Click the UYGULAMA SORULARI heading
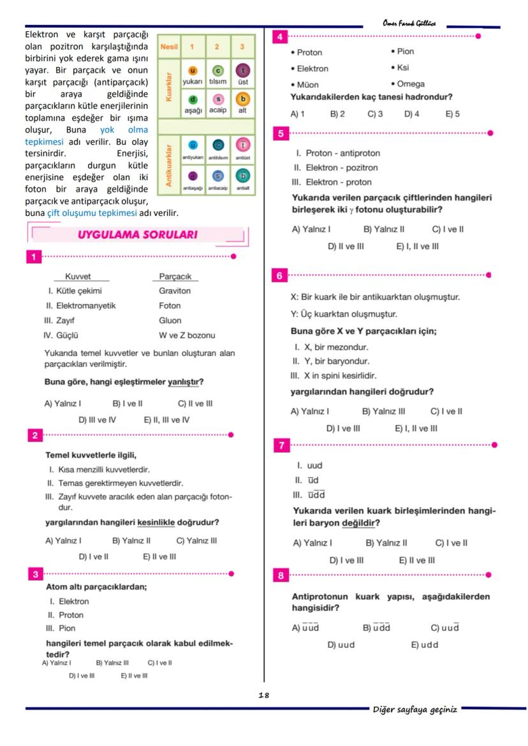click(137, 235)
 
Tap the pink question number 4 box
click(279, 36)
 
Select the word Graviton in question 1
click(175, 291)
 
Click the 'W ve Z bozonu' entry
click(187, 335)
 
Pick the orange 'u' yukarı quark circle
click(193, 70)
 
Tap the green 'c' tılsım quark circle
click(217, 70)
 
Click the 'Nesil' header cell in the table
click(169, 47)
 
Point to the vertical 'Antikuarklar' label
click(169, 164)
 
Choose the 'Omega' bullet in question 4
click(407, 84)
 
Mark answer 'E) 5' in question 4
click(452, 115)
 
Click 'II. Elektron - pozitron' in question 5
click(335, 168)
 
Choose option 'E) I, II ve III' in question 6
click(416, 429)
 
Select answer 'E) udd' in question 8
click(425, 645)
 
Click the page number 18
click(263, 695)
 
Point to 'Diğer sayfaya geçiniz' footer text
click(415, 710)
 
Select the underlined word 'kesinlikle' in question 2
click(156, 523)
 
